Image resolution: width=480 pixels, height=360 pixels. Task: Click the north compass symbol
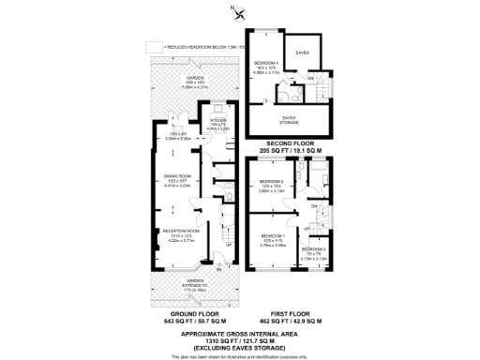pos(240,13)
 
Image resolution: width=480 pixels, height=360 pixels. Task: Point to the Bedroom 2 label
pos(272,181)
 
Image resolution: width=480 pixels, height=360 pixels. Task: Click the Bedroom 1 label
pos(273,235)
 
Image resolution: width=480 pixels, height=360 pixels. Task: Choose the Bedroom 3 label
pos(313,249)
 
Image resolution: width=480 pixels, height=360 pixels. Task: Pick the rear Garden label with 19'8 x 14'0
pos(194,78)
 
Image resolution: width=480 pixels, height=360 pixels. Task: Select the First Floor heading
pos(289,314)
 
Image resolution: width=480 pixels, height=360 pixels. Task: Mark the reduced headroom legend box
pos(154,44)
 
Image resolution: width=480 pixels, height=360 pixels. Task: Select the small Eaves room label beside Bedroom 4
pos(303,53)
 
